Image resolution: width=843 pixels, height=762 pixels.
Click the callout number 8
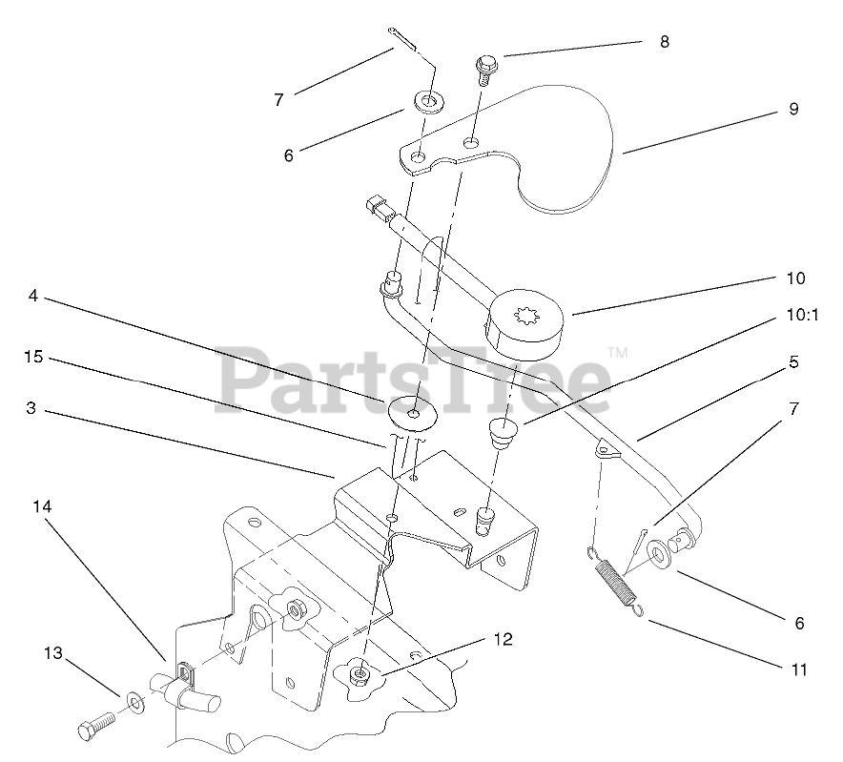pyautogui.click(x=664, y=42)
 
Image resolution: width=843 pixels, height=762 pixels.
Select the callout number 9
pyautogui.click(x=792, y=110)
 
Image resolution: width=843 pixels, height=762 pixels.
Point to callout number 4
pyautogui.click(x=33, y=297)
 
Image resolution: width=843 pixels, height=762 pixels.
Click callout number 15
pyautogui.click(x=33, y=357)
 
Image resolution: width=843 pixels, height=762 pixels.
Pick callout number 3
pyautogui.click(x=31, y=408)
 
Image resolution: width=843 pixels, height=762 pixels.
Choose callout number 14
pyautogui.click(x=42, y=508)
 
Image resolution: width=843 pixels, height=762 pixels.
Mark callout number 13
pyautogui.click(x=52, y=653)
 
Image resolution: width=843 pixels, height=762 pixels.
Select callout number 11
pyautogui.click(x=798, y=669)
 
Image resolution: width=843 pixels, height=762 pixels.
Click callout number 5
pyautogui.click(x=793, y=362)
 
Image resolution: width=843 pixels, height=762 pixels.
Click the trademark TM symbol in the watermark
pyautogui.click(x=617, y=353)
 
